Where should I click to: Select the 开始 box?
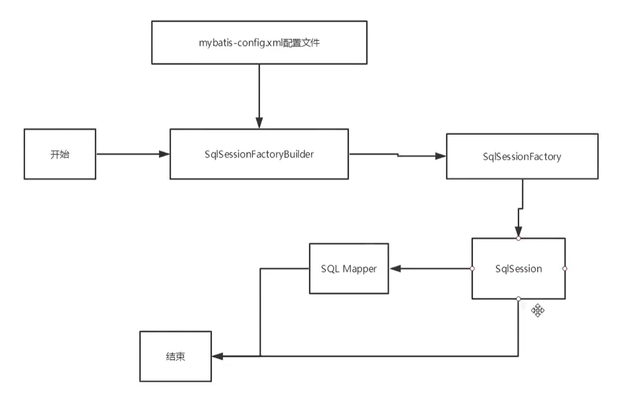(x=60, y=155)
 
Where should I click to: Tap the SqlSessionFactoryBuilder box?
(x=259, y=154)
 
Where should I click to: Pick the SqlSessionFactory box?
(x=522, y=156)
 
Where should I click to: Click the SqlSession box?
(x=518, y=269)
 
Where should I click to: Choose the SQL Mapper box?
(x=349, y=268)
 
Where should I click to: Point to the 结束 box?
(x=175, y=357)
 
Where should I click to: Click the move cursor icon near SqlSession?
(x=537, y=310)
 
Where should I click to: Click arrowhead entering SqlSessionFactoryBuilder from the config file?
(x=259, y=122)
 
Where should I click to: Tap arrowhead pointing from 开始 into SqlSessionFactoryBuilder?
(x=164, y=154)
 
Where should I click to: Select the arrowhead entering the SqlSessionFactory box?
(x=440, y=156)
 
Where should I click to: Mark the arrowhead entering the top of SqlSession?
(x=518, y=232)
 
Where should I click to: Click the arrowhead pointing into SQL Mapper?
(x=395, y=268)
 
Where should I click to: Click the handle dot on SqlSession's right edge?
(x=565, y=268)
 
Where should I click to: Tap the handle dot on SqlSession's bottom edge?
(x=518, y=299)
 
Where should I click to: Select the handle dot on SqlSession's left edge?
(x=472, y=268)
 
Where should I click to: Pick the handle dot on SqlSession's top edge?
(x=518, y=238)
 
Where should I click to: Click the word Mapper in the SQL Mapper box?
(x=359, y=268)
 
